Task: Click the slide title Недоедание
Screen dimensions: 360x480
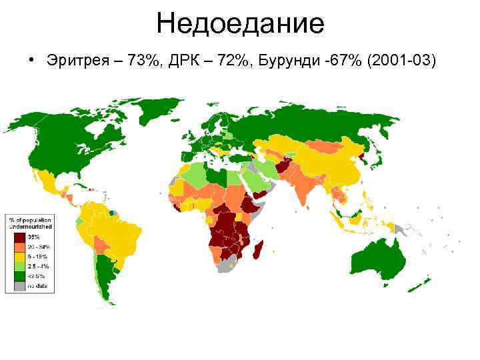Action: (240, 24)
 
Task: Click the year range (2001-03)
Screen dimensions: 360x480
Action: (399, 61)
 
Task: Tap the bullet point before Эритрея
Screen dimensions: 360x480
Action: (31, 61)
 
